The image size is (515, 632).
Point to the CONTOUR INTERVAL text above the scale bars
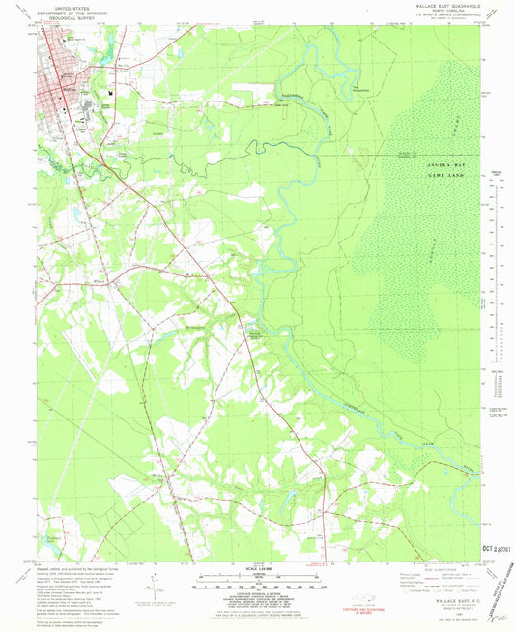[x=257, y=569]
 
